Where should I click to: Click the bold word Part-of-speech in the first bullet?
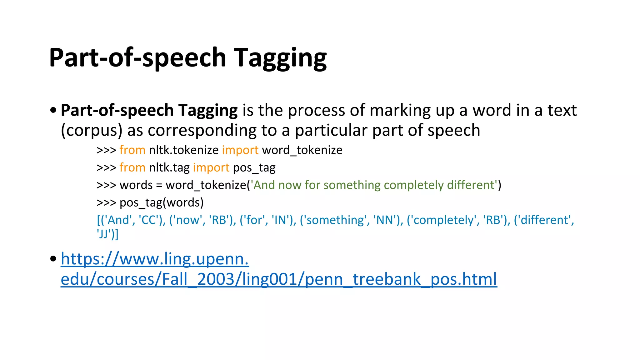click(117, 110)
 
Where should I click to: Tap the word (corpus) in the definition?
click(91, 130)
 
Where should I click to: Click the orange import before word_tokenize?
click(240, 150)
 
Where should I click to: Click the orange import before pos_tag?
click(211, 168)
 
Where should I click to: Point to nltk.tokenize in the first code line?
click(183, 150)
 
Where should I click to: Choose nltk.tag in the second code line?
click(169, 168)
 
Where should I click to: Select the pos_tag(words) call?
click(162, 203)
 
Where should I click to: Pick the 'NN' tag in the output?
click(386, 220)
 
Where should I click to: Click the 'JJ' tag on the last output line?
click(103, 234)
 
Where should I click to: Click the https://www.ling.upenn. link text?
click(155, 259)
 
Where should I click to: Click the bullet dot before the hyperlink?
click(53, 259)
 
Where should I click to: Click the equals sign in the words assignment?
click(159, 185)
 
